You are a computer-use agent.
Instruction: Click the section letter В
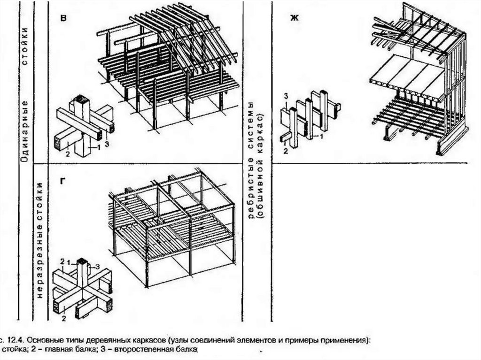coord(63,18)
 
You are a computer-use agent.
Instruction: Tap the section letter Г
coord(62,180)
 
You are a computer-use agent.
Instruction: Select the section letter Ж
coord(294,18)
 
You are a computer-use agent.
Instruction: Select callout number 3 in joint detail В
coord(107,144)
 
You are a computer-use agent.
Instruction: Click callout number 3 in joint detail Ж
coord(285,97)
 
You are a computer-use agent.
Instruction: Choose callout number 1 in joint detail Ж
coord(322,137)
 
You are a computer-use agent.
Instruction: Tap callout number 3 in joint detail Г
coord(98,267)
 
